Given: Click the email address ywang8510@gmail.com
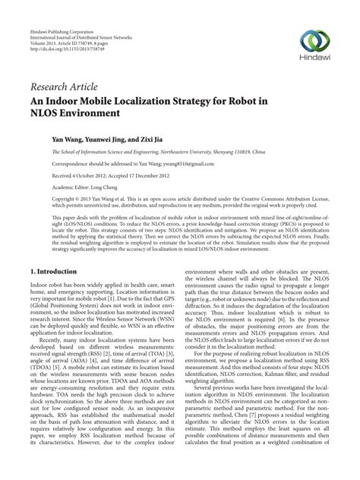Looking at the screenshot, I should (166, 163).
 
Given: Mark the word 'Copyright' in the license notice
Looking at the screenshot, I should (43, 198).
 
